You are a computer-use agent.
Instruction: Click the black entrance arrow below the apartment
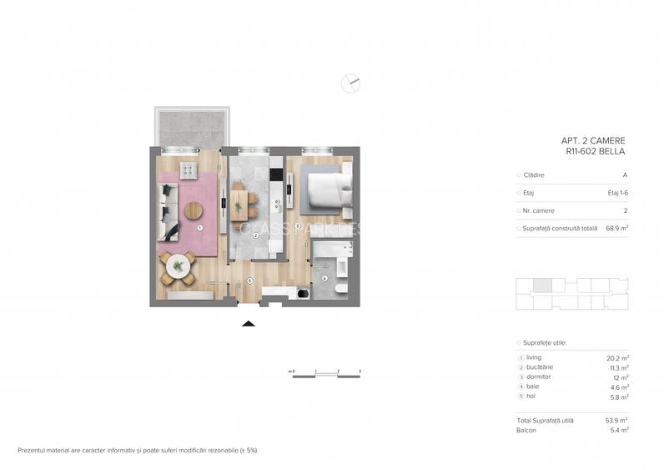248,322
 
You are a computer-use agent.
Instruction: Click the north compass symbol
351,82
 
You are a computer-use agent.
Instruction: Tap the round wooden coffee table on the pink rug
194,210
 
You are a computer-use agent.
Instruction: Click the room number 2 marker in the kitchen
256,236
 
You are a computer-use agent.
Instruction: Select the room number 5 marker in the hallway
250,280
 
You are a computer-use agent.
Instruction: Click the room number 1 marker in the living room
200,227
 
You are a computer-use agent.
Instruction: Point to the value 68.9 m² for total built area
616,228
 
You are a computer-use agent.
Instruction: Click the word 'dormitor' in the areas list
538,377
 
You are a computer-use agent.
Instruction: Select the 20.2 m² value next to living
617,357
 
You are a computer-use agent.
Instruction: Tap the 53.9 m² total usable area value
616,420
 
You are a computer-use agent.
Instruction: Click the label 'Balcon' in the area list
526,430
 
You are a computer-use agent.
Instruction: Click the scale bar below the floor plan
325,373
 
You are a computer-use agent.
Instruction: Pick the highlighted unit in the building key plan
542,286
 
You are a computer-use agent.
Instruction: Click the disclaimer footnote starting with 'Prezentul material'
138,450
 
